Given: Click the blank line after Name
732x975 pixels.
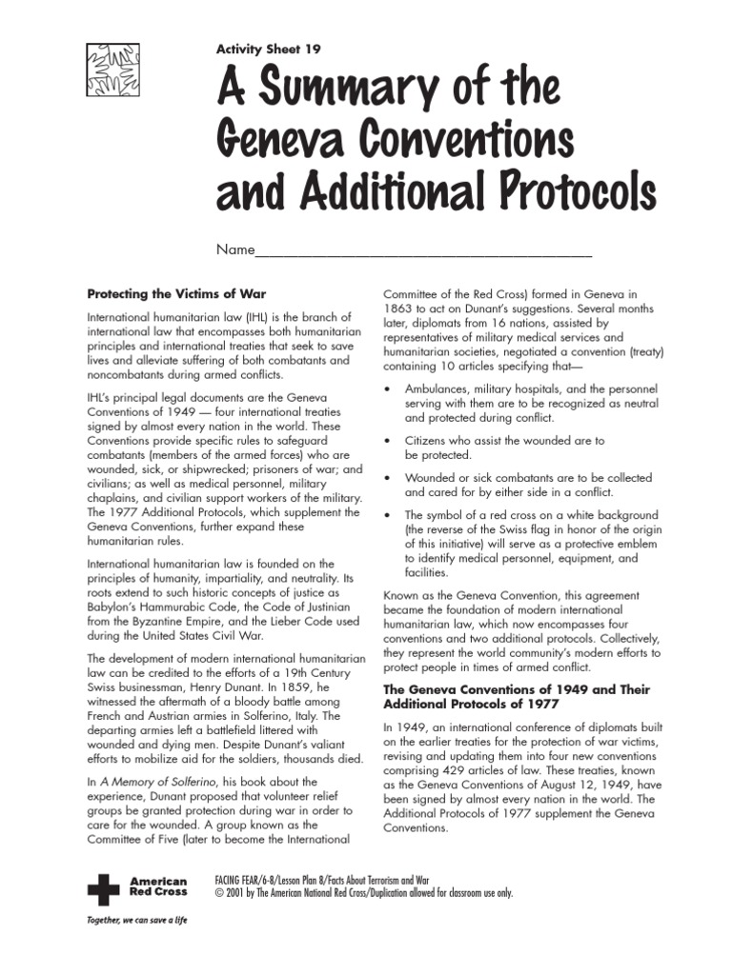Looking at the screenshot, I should [424, 253].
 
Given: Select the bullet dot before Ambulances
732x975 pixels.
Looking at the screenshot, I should [386, 390].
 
